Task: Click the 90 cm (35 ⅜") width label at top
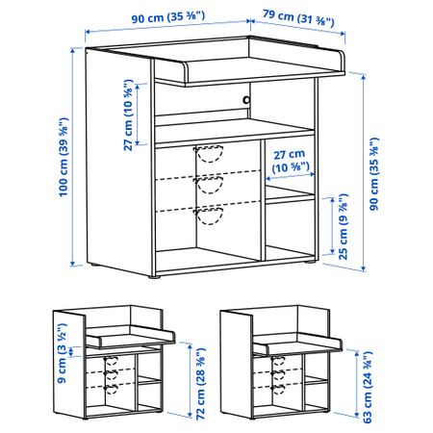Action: (x=168, y=17)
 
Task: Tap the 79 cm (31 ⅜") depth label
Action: (x=298, y=18)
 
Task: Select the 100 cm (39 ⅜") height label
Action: (x=64, y=157)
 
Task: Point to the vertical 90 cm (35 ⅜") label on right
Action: (x=373, y=174)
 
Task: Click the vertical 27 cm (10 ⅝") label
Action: (x=128, y=115)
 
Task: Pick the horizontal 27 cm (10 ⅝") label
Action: (x=291, y=161)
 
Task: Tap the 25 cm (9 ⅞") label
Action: (x=343, y=226)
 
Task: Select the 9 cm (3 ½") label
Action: (x=62, y=353)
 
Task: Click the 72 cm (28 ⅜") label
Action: (x=200, y=384)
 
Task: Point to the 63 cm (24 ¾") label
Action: (x=368, y=387)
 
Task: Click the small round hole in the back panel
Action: (x=246, y=100)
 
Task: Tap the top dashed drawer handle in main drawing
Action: (x=209, y=154)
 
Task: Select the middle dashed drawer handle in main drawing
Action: (x=209, y=185)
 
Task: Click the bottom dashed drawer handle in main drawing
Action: (x=209, y=216)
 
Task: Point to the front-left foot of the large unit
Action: (x=154, y=276)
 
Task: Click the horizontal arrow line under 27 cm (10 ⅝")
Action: (x=291, y=176)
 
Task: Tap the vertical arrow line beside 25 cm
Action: (x=333, y=226)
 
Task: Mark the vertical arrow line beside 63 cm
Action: (x=357, y=384)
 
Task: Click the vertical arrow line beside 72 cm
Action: (x=190, y=380)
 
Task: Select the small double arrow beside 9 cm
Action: (x=72, y=351)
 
